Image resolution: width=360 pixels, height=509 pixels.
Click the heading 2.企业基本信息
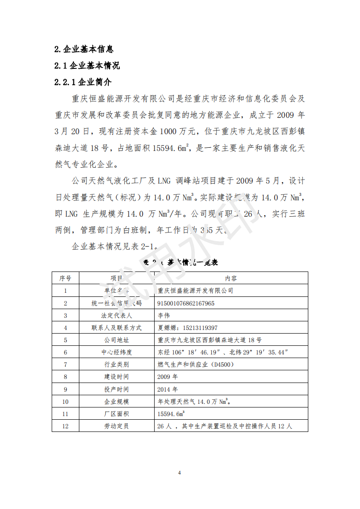tap(84, 49)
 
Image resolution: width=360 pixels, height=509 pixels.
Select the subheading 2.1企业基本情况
tap(87, 66)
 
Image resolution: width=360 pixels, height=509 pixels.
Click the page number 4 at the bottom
tap(180, 473)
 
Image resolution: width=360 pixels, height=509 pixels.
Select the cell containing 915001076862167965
tap(186, 303)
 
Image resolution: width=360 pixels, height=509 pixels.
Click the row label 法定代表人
tap(117, 315)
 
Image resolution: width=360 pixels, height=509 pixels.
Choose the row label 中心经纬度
tap(117, 352)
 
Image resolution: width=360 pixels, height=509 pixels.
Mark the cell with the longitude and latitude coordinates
tap(223, 352)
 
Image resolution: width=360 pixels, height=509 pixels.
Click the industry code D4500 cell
tap(195, 364)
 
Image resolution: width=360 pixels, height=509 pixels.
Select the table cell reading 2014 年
tap(167, 389)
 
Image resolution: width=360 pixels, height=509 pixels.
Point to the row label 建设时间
tap(117, 377)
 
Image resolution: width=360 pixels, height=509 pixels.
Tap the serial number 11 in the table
tap(65, 414)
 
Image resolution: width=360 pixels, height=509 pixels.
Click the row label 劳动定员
tap(117, 426)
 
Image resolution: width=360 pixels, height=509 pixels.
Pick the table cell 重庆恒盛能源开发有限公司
tap(195, 291)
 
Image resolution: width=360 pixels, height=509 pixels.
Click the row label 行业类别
tap(117, 364)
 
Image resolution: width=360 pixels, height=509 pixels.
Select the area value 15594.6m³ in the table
tap(171, 414)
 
